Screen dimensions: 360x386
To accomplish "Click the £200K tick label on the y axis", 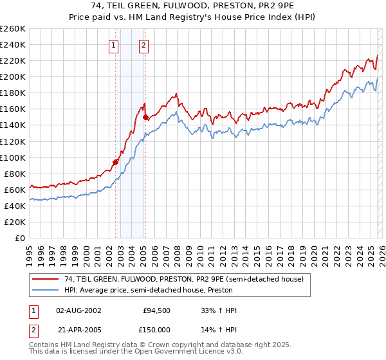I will point(13,76).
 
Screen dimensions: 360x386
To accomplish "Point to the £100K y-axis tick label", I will point(13,157).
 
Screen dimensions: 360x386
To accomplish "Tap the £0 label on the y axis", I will point(19,238).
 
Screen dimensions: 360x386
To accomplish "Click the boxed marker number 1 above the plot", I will point(113,45).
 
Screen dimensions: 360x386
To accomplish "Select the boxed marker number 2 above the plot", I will point(143,45).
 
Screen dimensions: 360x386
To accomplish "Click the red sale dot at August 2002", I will point(116,162).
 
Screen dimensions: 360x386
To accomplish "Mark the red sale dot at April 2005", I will point(146,117).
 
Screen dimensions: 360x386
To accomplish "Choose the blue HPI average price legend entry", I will point(167,290).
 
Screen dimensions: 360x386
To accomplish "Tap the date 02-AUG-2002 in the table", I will point(78,310).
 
